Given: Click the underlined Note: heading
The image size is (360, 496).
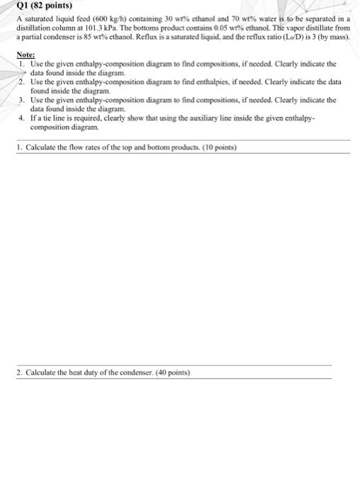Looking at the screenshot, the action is [26, 55].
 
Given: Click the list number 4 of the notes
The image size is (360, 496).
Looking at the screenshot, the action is [23, 120].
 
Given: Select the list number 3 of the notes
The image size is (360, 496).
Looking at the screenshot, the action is [23, 101].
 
